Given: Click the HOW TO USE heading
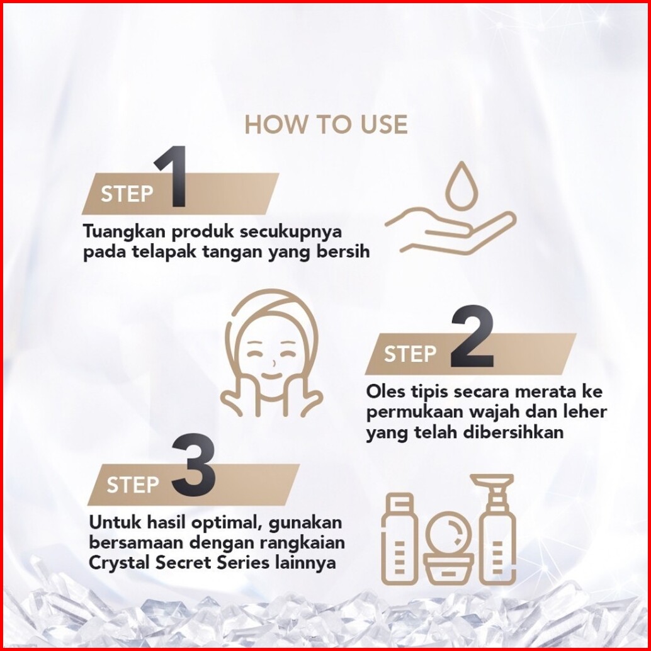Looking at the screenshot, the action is (x=326, y=125).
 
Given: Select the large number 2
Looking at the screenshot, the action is (x=472, y=336).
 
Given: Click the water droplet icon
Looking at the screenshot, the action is (x=461, y=186).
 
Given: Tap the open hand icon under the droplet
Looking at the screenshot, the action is (x=451, y=231).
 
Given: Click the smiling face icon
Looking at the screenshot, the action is (x=271, y=353).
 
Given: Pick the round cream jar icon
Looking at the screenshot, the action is (x=449, y=548).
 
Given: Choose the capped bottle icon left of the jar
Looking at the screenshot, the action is (x=399, y=539).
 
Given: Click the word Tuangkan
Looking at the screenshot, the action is (x=125, y=232).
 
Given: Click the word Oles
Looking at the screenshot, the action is (x=386, y=392).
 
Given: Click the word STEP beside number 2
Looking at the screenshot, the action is (x=410, y=354).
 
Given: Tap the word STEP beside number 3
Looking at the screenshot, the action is (x=132, y=485).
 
